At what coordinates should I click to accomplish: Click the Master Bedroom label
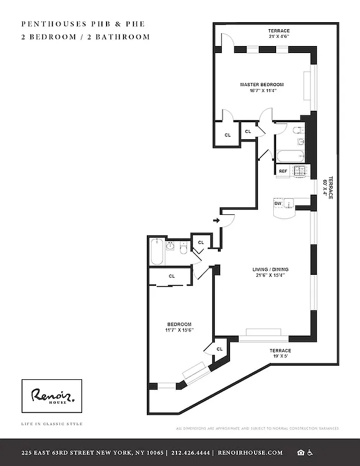[262, 84]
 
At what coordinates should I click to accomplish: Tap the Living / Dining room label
[270, 269]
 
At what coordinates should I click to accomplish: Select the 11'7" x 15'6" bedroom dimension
[179, 330]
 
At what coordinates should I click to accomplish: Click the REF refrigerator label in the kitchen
[283, 171]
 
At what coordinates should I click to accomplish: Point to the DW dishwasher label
[278, 203]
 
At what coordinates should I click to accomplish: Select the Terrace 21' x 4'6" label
[278, 34]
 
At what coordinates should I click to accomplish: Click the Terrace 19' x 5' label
[280, 354]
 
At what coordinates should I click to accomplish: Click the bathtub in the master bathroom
[288, 156]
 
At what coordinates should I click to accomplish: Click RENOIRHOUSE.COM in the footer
[250, 453]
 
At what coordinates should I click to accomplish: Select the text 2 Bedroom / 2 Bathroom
[85, 37]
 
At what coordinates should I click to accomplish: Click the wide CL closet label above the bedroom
[171, 276]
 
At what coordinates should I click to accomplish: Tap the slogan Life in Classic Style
[52, 423]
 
